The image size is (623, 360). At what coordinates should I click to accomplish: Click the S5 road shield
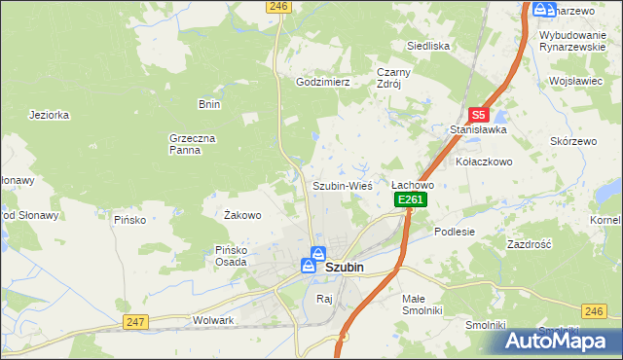pos(477,114)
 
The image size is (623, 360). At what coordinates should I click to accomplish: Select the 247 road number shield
pos(134,321)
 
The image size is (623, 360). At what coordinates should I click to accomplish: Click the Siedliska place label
pos(427,46)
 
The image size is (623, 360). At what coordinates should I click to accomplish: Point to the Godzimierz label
pos(322,83)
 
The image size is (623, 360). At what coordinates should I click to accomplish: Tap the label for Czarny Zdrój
pos(395,78)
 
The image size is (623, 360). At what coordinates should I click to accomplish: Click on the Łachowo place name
pos(412,184)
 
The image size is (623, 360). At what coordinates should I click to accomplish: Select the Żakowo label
pos(242,215)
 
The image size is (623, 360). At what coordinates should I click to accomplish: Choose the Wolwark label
pos(214,320)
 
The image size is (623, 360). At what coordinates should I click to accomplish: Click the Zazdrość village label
pos(530,244)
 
